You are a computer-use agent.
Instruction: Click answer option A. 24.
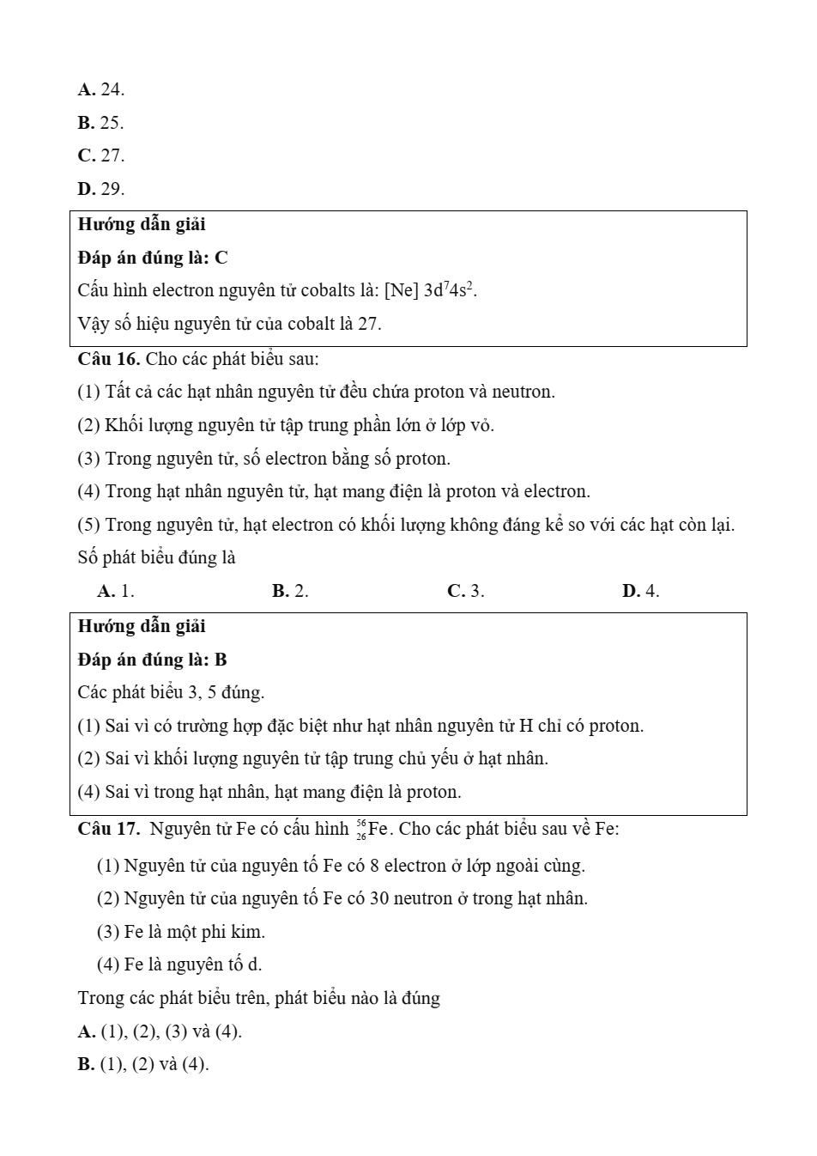[x=100, y=89]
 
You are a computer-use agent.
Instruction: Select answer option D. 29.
[x=100, y=189]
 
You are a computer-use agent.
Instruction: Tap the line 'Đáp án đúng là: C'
[x=153, y=258]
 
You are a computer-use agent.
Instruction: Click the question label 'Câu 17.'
[x=109, y=829]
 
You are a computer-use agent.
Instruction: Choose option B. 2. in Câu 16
[x=290, y=591]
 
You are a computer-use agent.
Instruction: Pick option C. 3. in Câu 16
[x=466, y=591]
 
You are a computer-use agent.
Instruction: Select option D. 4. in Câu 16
[x=640, y=591]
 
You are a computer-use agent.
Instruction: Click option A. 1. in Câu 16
[x=116, y=591]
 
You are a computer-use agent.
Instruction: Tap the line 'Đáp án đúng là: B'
[x=153, y=660]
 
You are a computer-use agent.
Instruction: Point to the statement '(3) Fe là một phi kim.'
[x=181, y=932]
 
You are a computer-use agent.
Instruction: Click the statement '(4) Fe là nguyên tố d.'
[x=179, y=964]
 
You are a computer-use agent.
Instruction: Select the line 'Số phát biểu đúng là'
[x=156, y=558]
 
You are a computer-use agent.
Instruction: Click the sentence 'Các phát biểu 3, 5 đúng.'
[x=171, y=692]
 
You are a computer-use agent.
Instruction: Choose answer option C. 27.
[x=100, y=155]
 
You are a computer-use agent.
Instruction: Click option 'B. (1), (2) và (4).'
[x=143, y=1064]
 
